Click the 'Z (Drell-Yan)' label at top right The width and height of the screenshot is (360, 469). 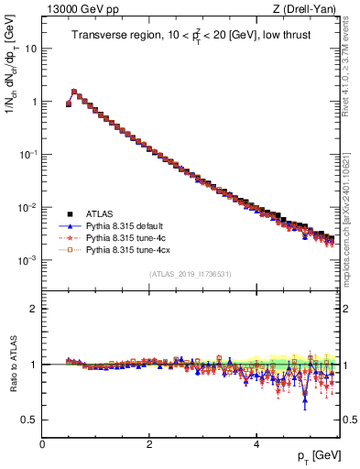[311, 9]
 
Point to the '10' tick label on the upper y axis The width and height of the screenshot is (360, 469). [30, 49]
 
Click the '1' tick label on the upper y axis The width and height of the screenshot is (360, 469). [33, 102]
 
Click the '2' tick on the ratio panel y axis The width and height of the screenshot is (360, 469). [33, 309]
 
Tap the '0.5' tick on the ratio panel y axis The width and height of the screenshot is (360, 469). [29, 420]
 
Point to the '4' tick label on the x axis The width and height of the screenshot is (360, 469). [256, 444]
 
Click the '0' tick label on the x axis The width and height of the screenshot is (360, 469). [42, 444]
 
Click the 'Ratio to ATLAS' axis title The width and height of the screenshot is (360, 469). [12, 365]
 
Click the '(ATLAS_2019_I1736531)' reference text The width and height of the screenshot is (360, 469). [191, 274]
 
